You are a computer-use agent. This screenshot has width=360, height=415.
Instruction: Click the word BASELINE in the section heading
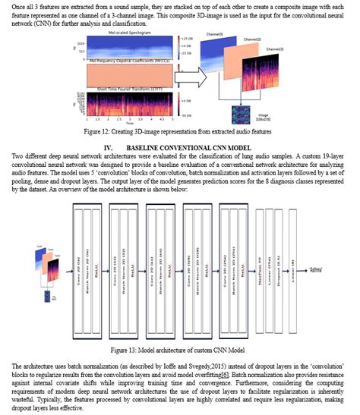[144, 145]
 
